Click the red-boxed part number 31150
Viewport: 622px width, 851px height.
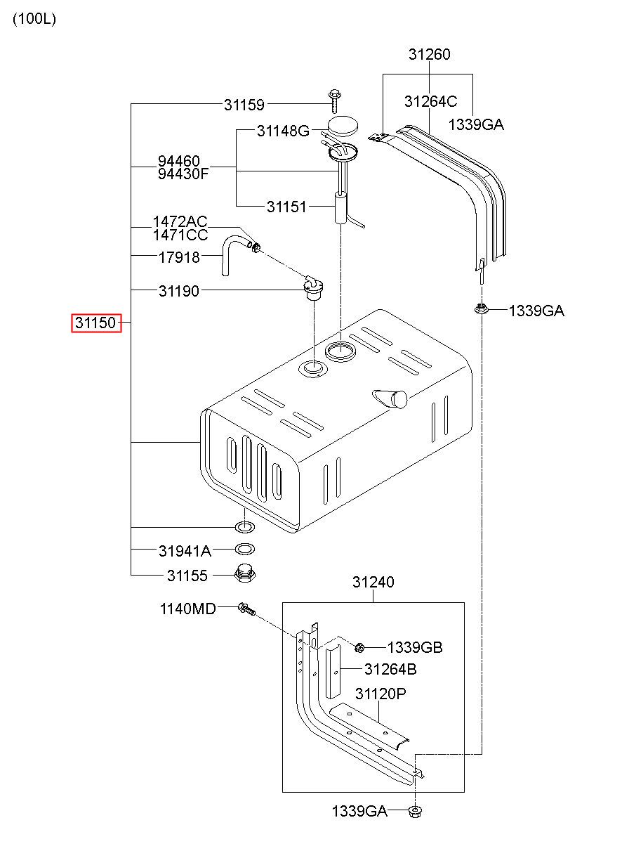(x=95, y=323)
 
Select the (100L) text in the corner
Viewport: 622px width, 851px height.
(x=34, y=19)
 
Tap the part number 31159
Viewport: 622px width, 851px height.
(x=244, y=105)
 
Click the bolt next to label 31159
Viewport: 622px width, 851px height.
(x=335, y=100)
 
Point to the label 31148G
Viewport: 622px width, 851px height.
(x=283, y=131)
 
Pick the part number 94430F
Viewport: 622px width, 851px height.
(x=183, y=174)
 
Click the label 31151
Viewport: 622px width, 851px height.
(x=286, y=207)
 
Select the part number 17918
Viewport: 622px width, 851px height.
(x=179, y=258)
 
